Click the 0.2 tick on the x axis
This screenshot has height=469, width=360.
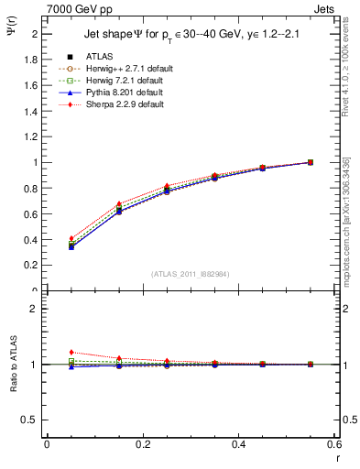(143, 445)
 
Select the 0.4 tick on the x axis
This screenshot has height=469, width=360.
(239, 445)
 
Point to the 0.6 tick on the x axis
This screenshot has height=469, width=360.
(333, 445)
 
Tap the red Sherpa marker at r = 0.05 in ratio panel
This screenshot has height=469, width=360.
(71, 352)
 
